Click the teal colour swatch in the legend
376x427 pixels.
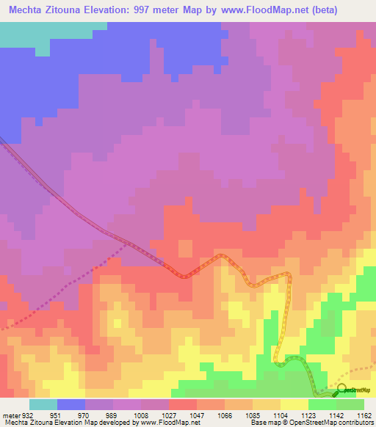pyautogui.click(x=43, y=404)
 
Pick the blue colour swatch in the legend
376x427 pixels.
pyautogui.click(x=71, y=404)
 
